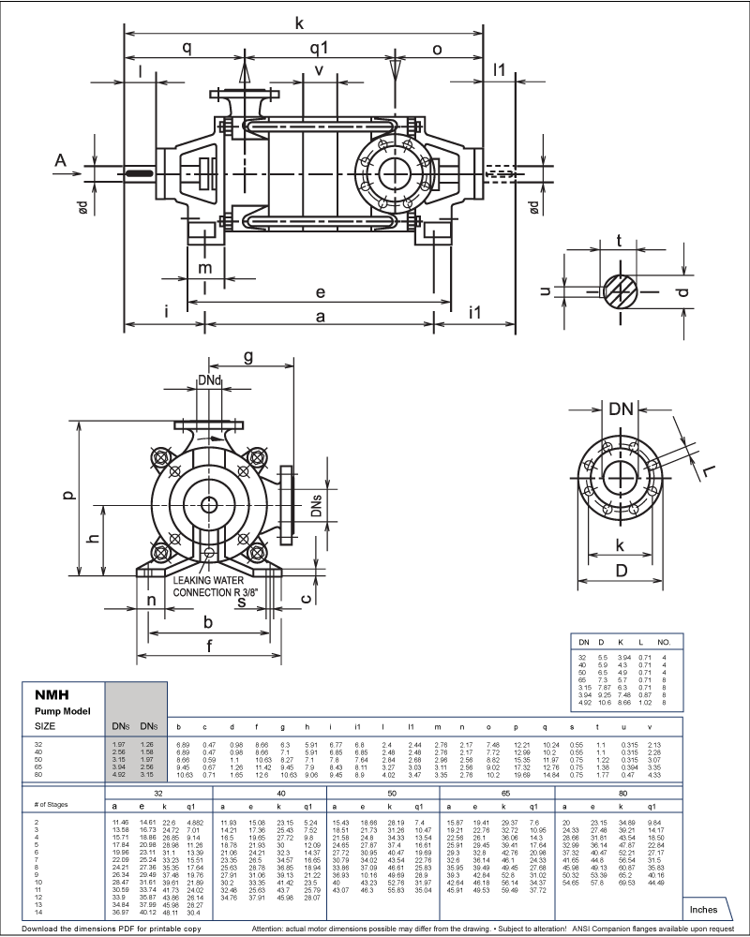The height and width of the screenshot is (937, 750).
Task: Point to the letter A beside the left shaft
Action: (61, 161)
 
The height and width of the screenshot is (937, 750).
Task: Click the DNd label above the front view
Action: (210, 380)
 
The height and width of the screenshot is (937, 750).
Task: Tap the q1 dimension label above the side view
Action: (319, 47)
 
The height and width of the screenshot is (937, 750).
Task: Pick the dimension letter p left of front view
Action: (68, 495)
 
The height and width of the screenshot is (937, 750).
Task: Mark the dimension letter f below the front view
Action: (209, 645)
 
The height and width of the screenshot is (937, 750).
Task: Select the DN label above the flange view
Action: (620, 409)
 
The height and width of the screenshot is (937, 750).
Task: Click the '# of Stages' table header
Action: (53, 805)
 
